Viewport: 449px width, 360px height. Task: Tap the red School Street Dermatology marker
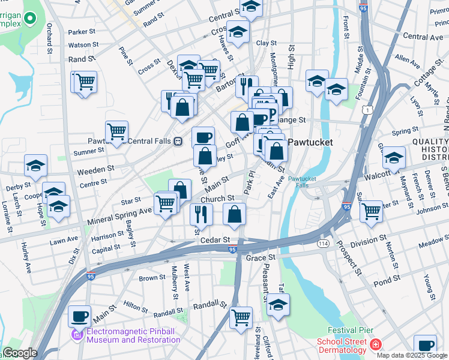click(x=376, y=344)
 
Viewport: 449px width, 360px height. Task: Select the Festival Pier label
click(x=351, y=330)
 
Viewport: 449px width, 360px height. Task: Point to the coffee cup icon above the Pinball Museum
click(x=79, y=315)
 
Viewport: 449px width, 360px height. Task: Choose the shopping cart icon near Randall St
click(x=241, y=316)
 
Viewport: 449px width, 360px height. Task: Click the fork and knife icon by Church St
click(x=201, y=214)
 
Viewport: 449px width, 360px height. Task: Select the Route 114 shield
click(x=323, y=244)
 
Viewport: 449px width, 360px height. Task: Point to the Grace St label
click(x=261, y=257)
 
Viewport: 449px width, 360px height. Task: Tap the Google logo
click(x=20, y=353)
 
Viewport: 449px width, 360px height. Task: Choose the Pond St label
click(x=387, y=280)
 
